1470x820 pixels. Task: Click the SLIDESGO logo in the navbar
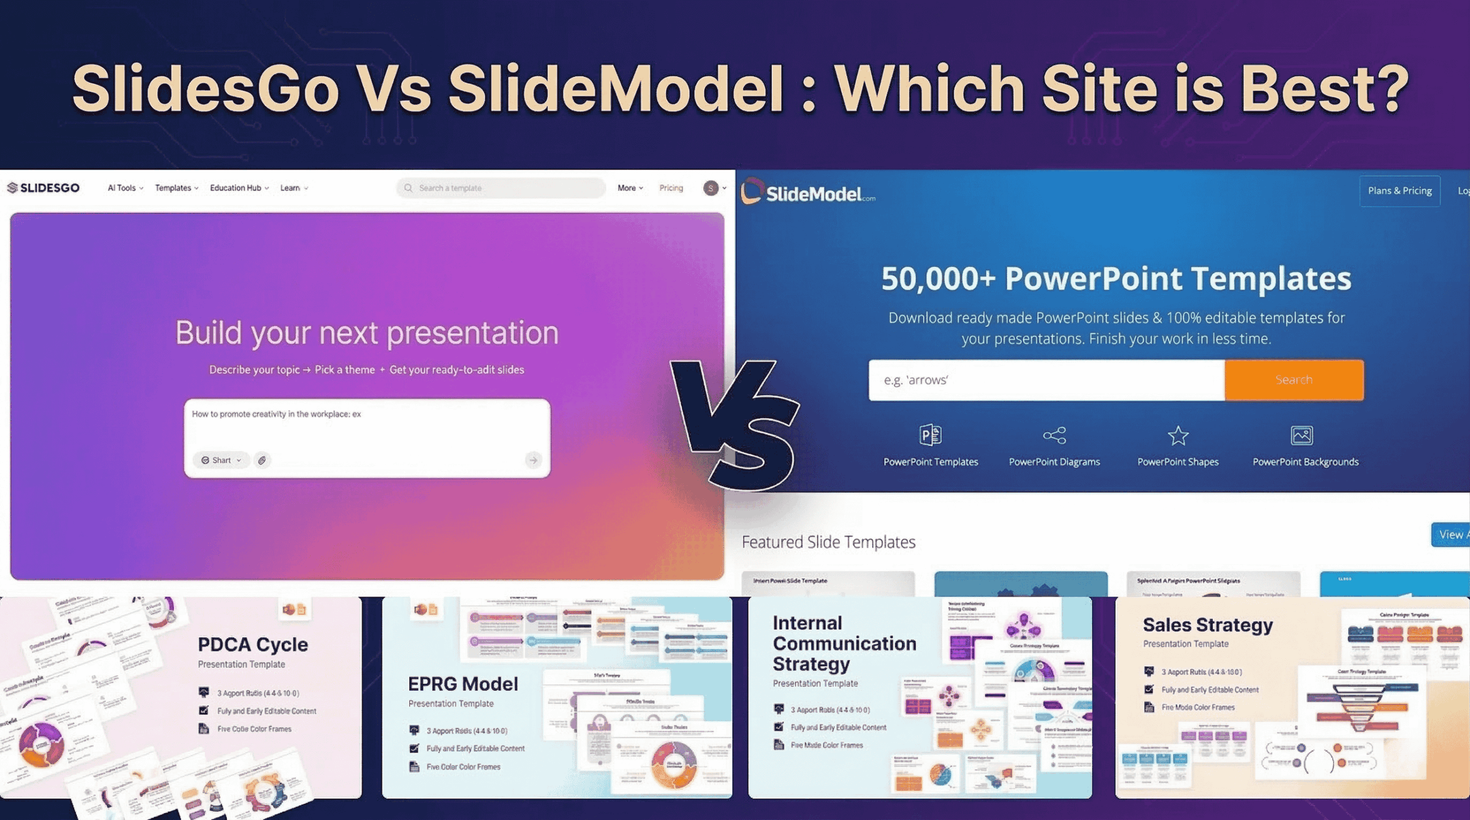click(44, 188)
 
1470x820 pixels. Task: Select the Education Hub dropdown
click(239, 188)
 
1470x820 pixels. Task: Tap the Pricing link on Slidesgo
click(671, 188)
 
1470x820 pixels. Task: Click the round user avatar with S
click(710, 188)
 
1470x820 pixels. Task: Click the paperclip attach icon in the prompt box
click(262, 460)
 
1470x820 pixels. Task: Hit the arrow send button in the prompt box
click(533, 460)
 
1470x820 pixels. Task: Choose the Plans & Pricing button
click(1399, 191)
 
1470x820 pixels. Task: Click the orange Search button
click(1294, 380)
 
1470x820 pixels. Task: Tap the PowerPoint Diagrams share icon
click(1054, 435)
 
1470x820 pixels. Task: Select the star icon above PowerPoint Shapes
click(1178, 435)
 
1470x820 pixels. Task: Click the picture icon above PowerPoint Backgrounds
click(1301, 435)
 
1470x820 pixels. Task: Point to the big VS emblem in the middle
click(735, 425)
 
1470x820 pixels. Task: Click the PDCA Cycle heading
click(253, 644)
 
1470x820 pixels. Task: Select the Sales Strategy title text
click(1208, 625)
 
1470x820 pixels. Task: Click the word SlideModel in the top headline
click(616, 89)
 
